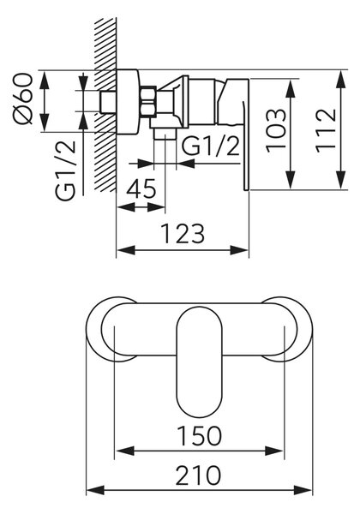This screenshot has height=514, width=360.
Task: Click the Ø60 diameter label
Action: tap(23, 99)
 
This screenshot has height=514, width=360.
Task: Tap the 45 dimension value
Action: tap(141, 189)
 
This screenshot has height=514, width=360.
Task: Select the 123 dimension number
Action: tap(183, 233)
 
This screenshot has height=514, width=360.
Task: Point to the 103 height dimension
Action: tap(276, 131)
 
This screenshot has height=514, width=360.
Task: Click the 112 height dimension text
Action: tap(327, 130)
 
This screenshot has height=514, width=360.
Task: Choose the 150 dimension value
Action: tap(200, 436)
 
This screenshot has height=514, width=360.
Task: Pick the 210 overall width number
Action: tap(198, 475)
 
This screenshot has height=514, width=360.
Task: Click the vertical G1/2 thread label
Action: tap(66, 170)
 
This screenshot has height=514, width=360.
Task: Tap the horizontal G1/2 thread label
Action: tap(211, 146)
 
